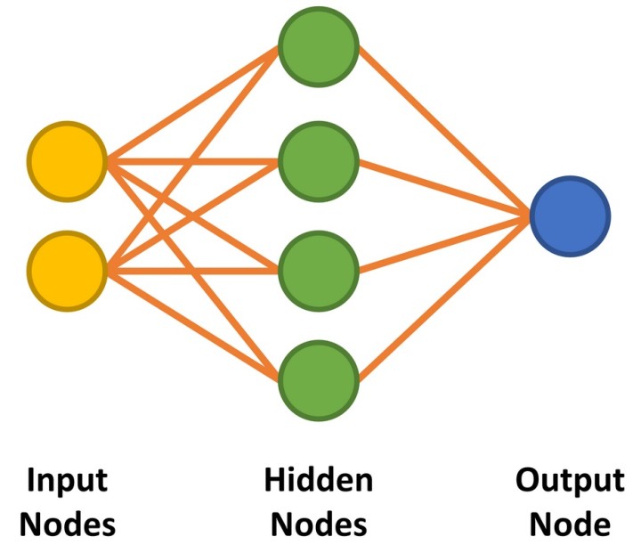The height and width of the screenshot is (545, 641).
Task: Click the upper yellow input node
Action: point(68,162)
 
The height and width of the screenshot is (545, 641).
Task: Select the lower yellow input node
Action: point(68,269)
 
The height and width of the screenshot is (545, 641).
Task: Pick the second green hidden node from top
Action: point(319,161)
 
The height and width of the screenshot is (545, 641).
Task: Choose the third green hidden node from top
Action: point(319,268)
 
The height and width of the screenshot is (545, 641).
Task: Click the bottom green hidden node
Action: point(319,378)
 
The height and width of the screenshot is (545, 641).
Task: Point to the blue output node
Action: point(570,216)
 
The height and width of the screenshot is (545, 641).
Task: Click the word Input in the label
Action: point(68,480)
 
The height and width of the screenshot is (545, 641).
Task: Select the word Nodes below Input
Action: point(68,523)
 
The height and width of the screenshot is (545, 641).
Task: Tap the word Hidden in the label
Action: point(319,480)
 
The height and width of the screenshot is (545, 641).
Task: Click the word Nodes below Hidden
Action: point(319,523)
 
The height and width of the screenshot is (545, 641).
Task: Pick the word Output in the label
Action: point(570,480)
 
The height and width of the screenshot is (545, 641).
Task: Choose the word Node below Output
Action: point(570,523)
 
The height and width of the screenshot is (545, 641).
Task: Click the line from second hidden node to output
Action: point(445,189)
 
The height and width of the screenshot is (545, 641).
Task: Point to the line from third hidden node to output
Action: point(445,241)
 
